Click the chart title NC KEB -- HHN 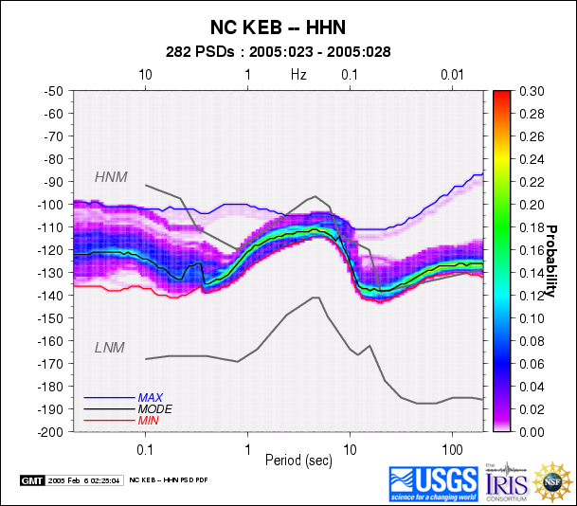(299, 27)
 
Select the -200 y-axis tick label (55, 431)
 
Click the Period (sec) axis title (298, 460)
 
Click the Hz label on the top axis (298, 74)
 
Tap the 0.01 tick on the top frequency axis (451, 74)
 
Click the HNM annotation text (110, 177)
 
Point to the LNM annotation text (110, 348)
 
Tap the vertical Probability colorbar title (549, 261)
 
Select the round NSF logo (551, 482)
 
